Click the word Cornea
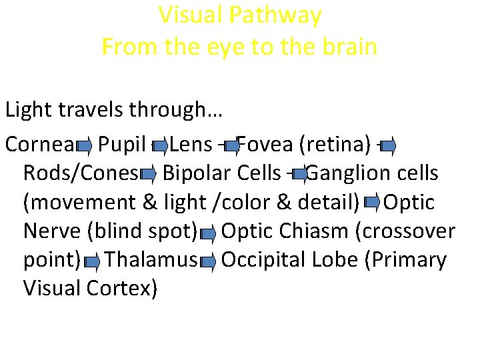click(39, 144)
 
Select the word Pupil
click(121, 144)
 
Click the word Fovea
click(265, 144)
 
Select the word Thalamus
click(151, 259)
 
